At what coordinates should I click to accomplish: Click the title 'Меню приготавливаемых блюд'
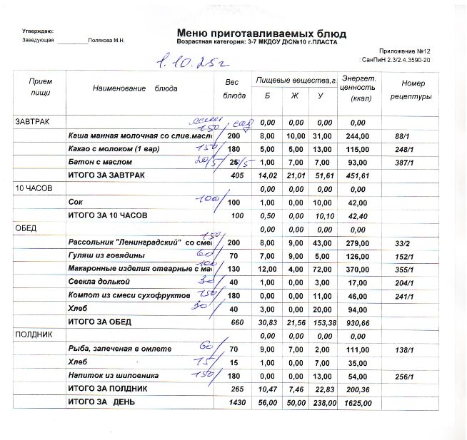pyautogui.click(x=261, y=34)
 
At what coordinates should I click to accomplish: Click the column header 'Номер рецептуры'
pyautogui.click(x=413, y=89)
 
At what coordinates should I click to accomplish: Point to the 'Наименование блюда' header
pyautogui.click(x=135, y=88)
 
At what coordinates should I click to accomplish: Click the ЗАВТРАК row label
pyautogui.click(x=32, y=123)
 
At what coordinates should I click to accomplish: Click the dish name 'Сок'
pyautogui.click(x=74, y=203)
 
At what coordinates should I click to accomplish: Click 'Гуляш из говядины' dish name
pyautogui.click(x=106, y=255)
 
